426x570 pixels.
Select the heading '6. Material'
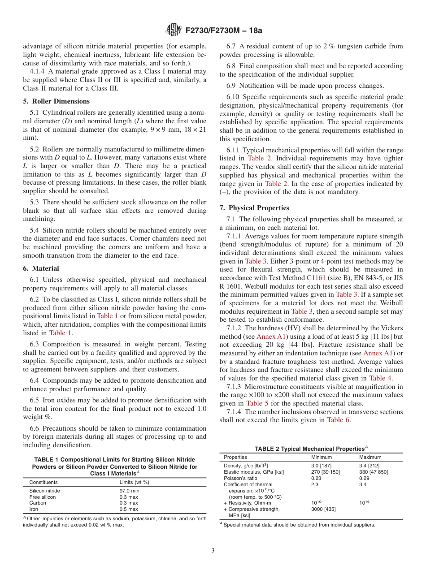41,268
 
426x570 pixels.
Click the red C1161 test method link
316,278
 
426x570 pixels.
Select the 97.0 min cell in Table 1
129,491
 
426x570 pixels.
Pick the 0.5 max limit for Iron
129,509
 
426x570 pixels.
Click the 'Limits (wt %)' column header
134,482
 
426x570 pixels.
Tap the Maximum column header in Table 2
370,457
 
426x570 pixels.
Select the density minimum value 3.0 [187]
322,466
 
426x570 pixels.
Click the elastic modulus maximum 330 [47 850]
374,472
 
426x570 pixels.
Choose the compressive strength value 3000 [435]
323,509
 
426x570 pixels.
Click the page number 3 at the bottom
213,551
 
